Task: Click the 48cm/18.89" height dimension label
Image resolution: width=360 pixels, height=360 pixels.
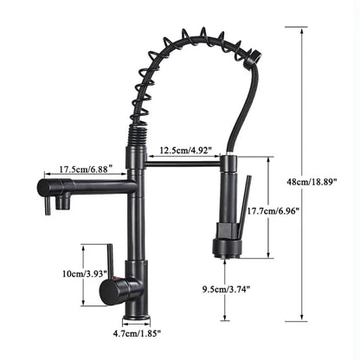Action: point(331,181)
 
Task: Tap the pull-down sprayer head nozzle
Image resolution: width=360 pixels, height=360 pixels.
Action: point(227,251)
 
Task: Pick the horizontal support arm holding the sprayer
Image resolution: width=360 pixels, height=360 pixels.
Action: point(182,162)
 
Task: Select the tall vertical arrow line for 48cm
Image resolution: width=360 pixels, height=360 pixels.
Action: point(302,173)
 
